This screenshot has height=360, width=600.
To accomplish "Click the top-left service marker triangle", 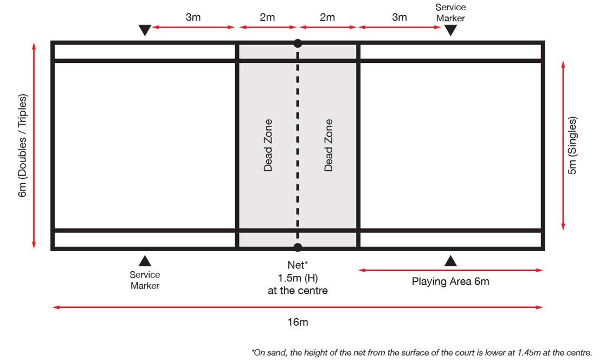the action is (x=145, y=30).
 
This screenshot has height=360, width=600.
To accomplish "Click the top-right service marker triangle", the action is (x=450, y=30).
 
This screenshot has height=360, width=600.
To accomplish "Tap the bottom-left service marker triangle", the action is (x=145, y=261).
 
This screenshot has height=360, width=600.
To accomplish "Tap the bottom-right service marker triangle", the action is (x=450, y=261).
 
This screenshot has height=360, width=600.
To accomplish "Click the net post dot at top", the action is (x=298, y=43).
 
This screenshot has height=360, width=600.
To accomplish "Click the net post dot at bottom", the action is (x=298, y=248).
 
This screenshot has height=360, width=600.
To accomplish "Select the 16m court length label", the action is (x=298, y=322).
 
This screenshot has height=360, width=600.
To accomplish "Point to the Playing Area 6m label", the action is (x=450, y=281).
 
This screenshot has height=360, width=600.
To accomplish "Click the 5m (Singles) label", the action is (x=573, y=145).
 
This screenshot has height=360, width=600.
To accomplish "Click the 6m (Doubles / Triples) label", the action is (x=23, y=145).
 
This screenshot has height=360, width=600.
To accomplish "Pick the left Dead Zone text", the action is (x=268, y=145).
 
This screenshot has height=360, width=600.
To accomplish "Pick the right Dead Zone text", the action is (x=328, y=145).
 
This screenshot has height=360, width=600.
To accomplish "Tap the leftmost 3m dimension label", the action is (x=193, y=17).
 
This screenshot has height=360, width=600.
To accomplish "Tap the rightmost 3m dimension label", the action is (x=399, y=17).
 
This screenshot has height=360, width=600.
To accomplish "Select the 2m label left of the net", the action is (x=267, y=17).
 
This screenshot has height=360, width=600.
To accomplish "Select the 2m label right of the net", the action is (x=327, y=17).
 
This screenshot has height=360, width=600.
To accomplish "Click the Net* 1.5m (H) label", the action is (x=298, y=278).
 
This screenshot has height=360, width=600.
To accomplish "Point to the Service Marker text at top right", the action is (x=450, y=12).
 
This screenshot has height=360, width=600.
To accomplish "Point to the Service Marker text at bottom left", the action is (x=145, y=280).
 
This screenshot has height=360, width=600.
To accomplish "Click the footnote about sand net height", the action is (x=422, y=352).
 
